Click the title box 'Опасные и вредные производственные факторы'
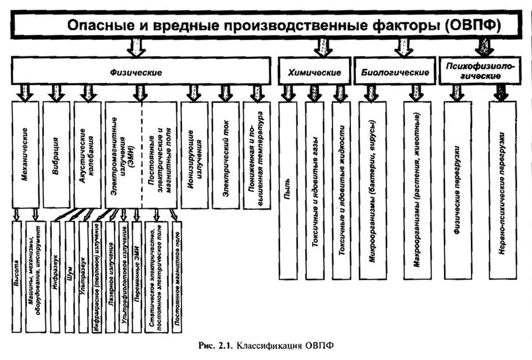tap(266, 24)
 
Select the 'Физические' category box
tap(141, 70)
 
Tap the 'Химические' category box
tap(314, 70)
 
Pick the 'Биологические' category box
tap(395, 70)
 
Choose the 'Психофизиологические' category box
tap(479, 70)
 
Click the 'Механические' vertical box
tap(26, 155)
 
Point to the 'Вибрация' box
tap(56, 155)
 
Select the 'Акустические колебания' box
tap(88, 155)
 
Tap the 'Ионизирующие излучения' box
tap(194, 155)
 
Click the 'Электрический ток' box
tap(225, 155)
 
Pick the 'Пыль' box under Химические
tap(288, 190)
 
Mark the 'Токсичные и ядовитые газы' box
tap(315, 190)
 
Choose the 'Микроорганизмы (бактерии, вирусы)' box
tap(372, 190)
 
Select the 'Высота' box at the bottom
tap(17, 277)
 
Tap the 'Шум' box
tap(69, 277)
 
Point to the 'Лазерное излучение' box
tap(110, 277)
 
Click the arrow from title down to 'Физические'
tap(136, 47)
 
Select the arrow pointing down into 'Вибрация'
tap(56, 93)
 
